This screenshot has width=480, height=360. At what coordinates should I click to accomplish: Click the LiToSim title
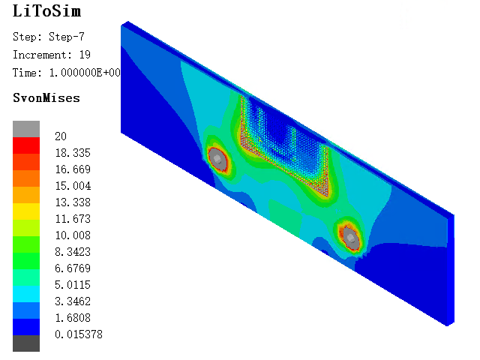[x=46, y=11]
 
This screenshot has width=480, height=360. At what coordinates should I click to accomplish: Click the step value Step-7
[x=67, y=37]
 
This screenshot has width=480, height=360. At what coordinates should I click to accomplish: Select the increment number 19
[x=85, y=55]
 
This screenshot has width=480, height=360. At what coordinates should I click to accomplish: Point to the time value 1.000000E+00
[x=85, y=73]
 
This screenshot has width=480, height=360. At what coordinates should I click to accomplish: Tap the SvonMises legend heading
[x=46, y=98]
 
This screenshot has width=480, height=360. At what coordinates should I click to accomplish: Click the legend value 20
[x=61, y=136]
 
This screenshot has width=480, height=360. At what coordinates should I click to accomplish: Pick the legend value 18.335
[x=73, y=152]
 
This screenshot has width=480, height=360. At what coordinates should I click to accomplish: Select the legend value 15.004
[x=73, y=185]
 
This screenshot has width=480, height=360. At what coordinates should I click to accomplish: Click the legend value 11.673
[x=73, y=218]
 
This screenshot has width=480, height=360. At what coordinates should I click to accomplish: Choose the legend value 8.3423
[x=73, y=252]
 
